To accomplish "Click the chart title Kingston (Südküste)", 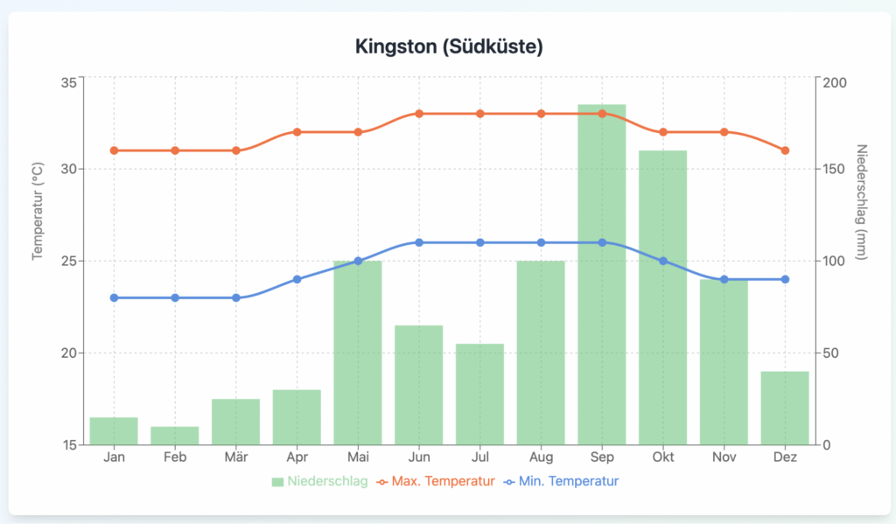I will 448,46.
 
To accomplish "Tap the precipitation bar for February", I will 175,436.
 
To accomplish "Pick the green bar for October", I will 662,297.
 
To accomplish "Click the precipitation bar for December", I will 785,408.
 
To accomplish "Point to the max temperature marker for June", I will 419,114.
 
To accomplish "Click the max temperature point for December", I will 785,150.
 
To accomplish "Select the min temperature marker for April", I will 297,279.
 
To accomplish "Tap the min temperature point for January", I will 114,297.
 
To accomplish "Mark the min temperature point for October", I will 662,261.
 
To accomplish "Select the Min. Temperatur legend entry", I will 563,481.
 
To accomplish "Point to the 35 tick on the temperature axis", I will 67,82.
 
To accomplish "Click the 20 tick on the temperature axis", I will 67,353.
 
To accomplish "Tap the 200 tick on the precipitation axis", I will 835,82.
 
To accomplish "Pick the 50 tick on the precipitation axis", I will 831,353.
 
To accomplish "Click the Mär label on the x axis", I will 235,457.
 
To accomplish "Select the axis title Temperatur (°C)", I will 38,211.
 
